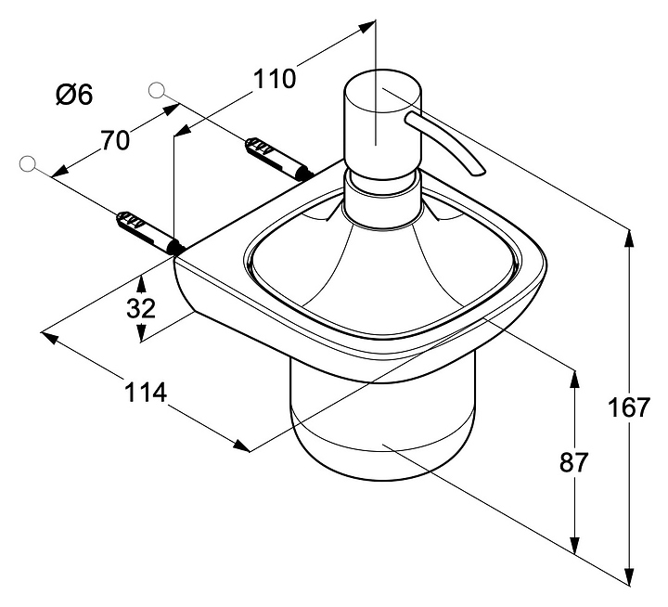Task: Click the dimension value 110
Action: click(275, 79)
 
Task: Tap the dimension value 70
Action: click(115, 140)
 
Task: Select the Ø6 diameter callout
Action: click(74, 95)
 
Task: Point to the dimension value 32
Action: click(141, 308)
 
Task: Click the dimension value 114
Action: click(146, 393)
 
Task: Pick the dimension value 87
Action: click(573, 462)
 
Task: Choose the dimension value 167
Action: click(629, 407)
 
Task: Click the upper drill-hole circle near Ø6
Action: click(157, 90)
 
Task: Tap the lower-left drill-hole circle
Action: click(28, 164)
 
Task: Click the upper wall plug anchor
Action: click(279, 158)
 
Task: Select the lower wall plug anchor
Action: click(150, 233)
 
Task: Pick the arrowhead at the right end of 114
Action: click(242, 446)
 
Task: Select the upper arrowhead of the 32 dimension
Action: click(142, 282)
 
